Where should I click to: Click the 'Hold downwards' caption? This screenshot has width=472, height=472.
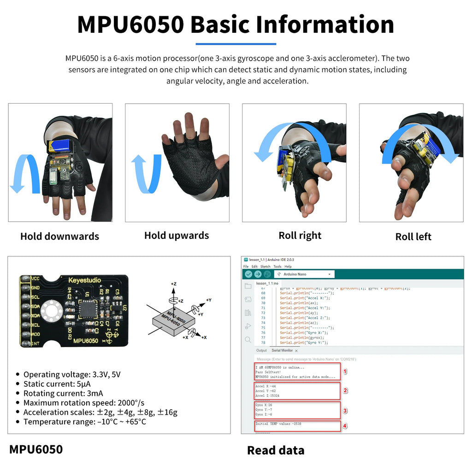click(59, 236)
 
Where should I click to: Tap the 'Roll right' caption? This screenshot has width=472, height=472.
click(300, 236)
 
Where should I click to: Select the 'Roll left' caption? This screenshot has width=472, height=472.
click(413, 236)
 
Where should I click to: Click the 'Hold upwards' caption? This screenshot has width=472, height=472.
click(177, 236)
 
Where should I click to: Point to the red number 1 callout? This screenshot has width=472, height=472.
click(345, 371)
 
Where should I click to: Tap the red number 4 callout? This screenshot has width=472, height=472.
click(345, 426)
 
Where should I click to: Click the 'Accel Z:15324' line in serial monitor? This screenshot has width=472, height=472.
click(267, 395)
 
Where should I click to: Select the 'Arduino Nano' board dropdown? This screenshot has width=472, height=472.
click(304, 274)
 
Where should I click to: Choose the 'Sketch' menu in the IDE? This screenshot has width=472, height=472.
click(265, 266)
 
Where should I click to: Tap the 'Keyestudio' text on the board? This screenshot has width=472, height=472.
click(84, 280)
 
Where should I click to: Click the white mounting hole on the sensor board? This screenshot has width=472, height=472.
click(50, 312)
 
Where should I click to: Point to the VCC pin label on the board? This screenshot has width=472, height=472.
click(36, 278)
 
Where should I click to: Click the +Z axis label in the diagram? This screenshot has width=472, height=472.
click(174, 284)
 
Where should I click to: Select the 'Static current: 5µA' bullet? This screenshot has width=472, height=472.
click(57, 384)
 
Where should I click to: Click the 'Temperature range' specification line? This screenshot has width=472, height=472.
click(84, 422)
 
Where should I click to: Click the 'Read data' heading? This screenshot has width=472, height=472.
click(276, 450)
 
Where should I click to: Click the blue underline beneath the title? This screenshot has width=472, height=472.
click(236, 44)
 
